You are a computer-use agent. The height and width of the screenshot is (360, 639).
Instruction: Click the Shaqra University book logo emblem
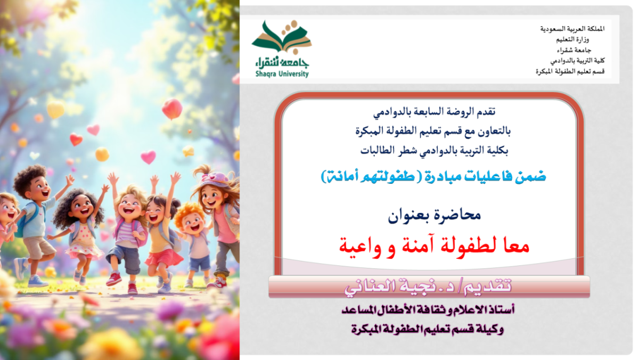[x=282, y=37]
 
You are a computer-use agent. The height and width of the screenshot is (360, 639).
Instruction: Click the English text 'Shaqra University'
[x=282, y=74]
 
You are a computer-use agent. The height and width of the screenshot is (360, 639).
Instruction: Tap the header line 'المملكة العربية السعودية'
[x=572, y=29]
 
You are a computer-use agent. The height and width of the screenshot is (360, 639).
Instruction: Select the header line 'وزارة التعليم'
[x=572, y=39]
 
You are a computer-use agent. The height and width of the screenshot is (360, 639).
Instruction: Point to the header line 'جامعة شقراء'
[x=574, y=50]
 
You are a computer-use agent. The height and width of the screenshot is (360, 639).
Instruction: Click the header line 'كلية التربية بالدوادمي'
[x=577, y=61]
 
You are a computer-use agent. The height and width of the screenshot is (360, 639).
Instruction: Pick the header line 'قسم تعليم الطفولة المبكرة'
[x=570, y=71]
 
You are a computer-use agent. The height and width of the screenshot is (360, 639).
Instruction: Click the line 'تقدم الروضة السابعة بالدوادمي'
[x=434, y=112]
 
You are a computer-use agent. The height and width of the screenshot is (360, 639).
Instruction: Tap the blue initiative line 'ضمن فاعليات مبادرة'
[x=485, y=177]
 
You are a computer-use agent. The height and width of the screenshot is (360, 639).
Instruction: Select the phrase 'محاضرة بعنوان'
[x=434, y=215]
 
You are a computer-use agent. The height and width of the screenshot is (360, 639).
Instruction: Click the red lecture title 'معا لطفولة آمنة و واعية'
[x=434, y=247]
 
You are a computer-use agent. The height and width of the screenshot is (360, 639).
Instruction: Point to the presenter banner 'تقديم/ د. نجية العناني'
[x=428, y=287]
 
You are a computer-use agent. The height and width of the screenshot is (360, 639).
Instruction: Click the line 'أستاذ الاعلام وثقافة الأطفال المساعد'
[x=428, y=309]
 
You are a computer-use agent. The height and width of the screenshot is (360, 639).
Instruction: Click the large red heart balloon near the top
[x=172, y=109]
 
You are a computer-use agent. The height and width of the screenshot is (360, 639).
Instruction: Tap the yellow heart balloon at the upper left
[x=55, y=110]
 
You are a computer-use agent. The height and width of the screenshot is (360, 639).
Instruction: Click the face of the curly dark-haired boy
[x=40, y=189]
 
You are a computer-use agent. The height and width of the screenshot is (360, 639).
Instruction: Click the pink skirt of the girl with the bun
[x=164, y=258]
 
